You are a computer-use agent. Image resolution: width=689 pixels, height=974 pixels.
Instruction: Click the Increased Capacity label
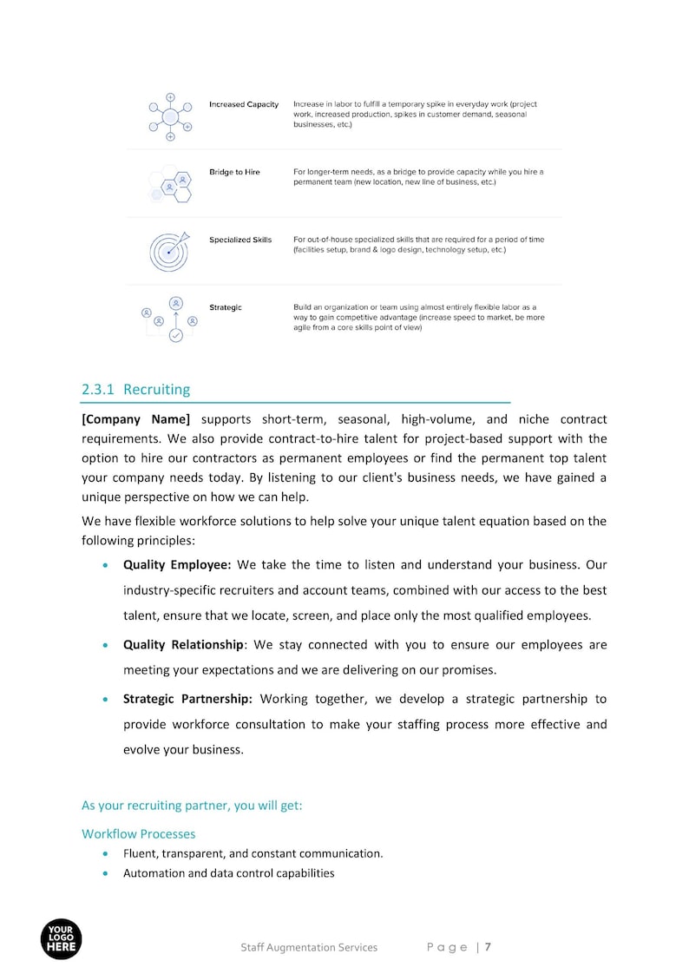pos(244,105)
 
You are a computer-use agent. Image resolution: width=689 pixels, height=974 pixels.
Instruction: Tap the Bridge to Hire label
pos(234,173)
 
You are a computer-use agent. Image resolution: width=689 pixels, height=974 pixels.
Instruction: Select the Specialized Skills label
pos(240,240)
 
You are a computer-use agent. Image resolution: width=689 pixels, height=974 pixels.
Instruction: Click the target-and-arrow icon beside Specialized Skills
pos(168,251)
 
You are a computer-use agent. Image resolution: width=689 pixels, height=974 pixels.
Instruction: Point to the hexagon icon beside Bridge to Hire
pos(171,184)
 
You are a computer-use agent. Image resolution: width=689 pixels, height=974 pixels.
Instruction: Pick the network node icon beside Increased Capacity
pos(170,116)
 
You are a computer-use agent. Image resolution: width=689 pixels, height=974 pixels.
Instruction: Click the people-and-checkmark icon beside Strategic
pos(170,319)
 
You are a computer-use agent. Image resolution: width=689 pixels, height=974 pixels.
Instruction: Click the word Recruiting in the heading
pos(156,390)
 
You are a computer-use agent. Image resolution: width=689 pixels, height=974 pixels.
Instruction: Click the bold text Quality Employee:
pos(177,565)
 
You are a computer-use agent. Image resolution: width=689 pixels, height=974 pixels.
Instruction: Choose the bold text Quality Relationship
pos(183,645)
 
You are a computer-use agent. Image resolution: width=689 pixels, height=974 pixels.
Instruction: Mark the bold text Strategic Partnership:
pos(187,699)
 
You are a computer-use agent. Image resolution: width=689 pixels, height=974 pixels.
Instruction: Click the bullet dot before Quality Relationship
pos(106,646)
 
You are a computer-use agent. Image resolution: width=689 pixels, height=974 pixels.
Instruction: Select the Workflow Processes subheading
pos(139,833)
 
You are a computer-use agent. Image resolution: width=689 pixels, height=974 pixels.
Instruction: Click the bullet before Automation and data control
pos(106,873)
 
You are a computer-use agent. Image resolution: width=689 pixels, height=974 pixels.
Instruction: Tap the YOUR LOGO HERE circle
pos(61,939)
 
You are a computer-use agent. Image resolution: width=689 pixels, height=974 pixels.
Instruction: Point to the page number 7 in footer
pos(488,947)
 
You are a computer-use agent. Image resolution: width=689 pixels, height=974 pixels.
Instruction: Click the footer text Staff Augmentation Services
pos(309,947)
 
